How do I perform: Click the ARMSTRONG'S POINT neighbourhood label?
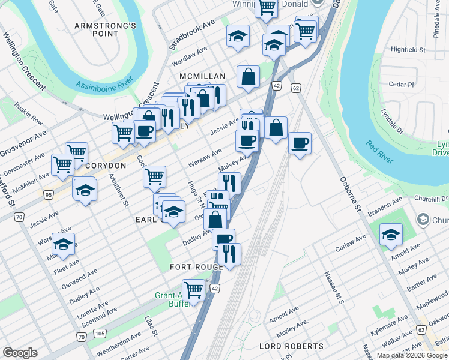point(106,29)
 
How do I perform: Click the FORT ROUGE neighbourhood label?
point(196,266)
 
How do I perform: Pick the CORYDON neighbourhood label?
point(106,165)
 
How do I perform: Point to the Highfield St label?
point(408,49)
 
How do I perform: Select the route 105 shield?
point(100,333)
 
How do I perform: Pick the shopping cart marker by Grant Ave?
point(193,290)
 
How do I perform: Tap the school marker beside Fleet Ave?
point(63,244)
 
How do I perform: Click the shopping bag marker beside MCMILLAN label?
point(248,77)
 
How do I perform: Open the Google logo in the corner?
point(20,353)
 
